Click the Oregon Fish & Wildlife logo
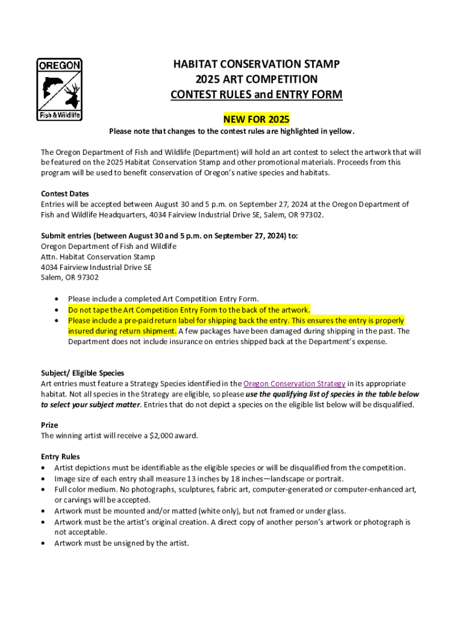[60, 89]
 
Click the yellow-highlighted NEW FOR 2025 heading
[256, 119]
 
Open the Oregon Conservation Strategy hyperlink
[294, 384]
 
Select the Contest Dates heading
[64, 194]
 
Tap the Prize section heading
[49, 425]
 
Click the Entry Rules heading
[60, 457]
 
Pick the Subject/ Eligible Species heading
[83, 373]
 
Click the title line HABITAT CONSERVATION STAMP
[257, 64]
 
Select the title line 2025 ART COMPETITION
[256, 80]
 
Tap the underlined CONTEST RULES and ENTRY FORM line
[256, 95]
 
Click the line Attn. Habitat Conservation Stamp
[98, 257]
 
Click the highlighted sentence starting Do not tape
[189, 310]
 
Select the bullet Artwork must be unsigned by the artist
[122, 543]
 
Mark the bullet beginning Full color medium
[235, 489]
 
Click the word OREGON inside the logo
[60, 65]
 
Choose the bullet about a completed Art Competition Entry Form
[163, 299]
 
